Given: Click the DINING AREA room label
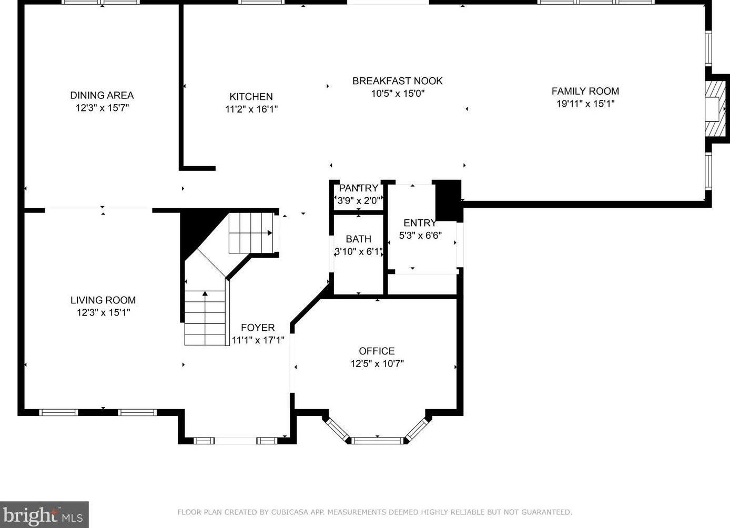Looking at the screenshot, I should pyautogui.click(x=102, y=95).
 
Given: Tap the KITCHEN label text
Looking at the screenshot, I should pyautogui.click(x=251, y=97).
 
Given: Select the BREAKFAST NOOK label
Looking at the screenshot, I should pyautogui.click(x=397, y=81).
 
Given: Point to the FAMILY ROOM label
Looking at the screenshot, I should pyautogui.click(x=585, y=91).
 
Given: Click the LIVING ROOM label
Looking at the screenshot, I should pyautogui.click(x=103, y=300).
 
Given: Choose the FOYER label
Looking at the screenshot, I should pyautogui.click(x=258, y=328).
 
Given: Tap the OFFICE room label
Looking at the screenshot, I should pyautogui.click(x=377, y=351).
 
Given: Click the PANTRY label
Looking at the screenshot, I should pyautogui.click(x=358, y=188).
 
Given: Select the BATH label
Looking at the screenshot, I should pyautogui.click(x=358, y=239).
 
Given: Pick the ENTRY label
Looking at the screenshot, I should pyautogui.click(x=420, y=223).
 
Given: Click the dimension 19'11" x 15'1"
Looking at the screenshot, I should pyautogui.click(x=585, y=104).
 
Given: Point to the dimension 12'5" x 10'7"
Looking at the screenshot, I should pyautogui.click(x=377, y=363).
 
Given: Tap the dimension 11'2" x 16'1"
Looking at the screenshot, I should pyautogui.click(x=251, y=109).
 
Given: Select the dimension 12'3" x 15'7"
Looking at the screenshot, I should pyautogui.click(x=102, y=108).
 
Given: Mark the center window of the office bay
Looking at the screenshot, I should pyautogui.click(x=378, y=440).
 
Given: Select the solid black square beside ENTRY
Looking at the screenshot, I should pyautogui.click(x=448, y=200).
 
